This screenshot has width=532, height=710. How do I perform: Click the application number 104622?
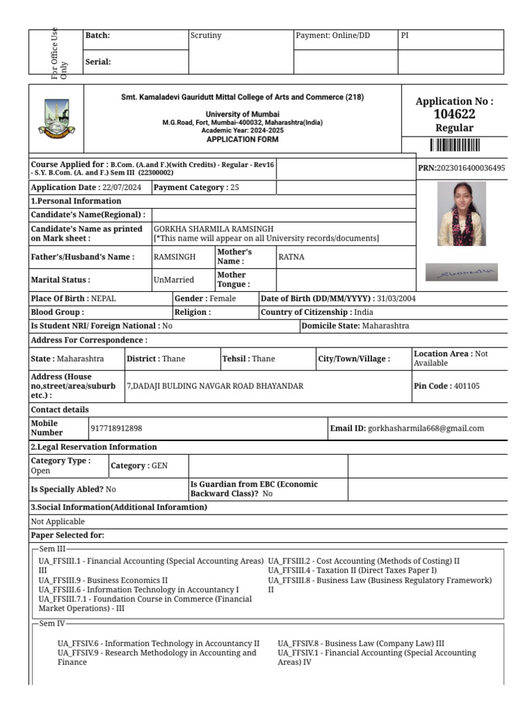point(454,114)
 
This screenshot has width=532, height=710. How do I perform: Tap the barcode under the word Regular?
point(454,145)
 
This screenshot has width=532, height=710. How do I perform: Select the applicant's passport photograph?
point(461,214)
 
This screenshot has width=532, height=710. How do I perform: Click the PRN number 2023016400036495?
point(470,168)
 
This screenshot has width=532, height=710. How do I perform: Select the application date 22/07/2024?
point(121,187)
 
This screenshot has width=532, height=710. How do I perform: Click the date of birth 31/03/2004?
point(396,299)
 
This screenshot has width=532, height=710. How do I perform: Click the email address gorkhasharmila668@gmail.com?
point(426,428)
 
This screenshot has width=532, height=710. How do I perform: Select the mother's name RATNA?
point(291,257)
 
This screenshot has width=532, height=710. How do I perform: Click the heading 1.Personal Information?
point(76,201)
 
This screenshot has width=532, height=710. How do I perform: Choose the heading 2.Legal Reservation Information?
point(94,447)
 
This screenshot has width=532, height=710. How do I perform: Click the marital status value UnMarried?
point(173,280)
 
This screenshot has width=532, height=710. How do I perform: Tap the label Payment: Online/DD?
point(332,36)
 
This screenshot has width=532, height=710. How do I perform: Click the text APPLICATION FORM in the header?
point(242,139)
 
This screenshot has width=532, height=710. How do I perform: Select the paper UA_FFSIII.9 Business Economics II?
point(103,580)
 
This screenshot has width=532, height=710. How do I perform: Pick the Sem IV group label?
point(53,623)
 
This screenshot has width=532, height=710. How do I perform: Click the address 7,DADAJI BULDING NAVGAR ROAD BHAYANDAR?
point(215,386)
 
